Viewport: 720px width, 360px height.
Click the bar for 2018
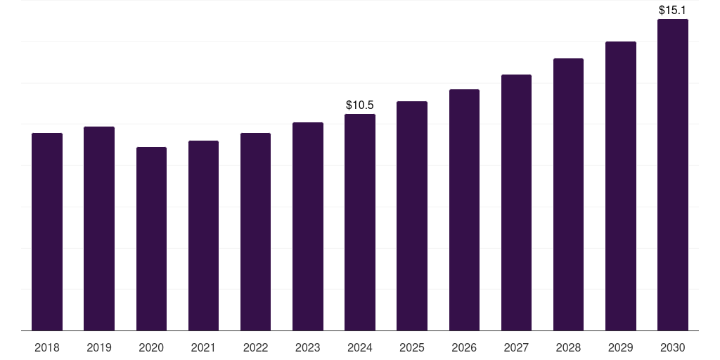pyautogui.click(x=47, y=232)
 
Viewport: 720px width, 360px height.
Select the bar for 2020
pyautogui.click(x=151, y=239)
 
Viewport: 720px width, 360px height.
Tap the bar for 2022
pyautogui.click(x=255, y=232)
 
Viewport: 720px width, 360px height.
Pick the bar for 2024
pyautogui.click(x=360, y=222)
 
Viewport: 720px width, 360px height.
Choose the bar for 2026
pyautogui.click(x=464, y=210)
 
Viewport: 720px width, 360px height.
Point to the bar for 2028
pyautogui.click(x=568, y=195)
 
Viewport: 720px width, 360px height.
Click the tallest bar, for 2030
pyautogui.click(x=673, y=175)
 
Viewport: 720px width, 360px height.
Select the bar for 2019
pyautogui.click(x=99, y=229)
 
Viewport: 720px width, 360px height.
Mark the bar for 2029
pyautogui.click(x=621, y=186)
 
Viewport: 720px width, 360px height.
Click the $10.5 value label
pyautogui.click(x=360, y=105)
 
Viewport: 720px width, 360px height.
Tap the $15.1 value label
pyautogui.click(x=673, y=11)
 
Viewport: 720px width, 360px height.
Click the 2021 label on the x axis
pyautogui.click(x=203, y=347)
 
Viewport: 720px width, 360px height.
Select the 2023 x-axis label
pyautogui.click(x=308, y=347)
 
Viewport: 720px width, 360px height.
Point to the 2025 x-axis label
pyautogui.click(x=412, y=347)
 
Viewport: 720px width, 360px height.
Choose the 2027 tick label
pyautogui.click(x=516, y=347)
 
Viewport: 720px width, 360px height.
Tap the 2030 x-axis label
pyautogui.click(x=673, y=347)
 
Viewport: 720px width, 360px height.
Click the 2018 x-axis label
pyautogui.click(x=47, y=347)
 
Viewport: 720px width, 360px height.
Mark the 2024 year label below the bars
pyautogui.click(x=360, y=347)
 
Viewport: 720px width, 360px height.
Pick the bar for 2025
pyautogui.click(x=412, y=216)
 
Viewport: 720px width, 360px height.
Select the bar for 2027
pyautogui.click(x=516, y=202)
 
